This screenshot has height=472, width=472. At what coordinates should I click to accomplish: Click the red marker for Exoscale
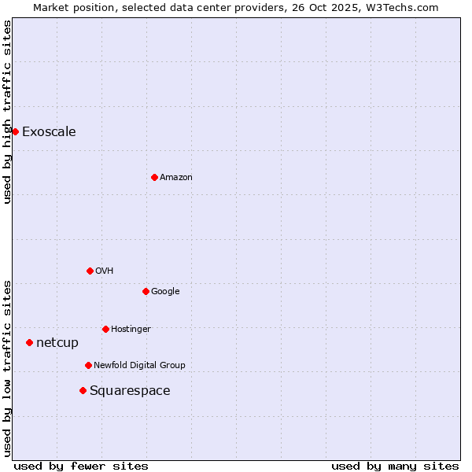pos(15,131)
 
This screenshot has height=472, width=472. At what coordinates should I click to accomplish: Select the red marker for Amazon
pos(154,177)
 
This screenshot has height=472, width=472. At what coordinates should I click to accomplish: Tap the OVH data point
pos(90,271)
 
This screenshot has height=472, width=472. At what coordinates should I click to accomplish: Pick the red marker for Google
pos(146,291)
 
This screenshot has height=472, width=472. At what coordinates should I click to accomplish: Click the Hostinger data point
pos(105,329)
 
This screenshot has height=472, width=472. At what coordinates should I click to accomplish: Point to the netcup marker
pos(29,342)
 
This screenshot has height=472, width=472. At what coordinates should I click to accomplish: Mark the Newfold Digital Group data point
pos(88,365)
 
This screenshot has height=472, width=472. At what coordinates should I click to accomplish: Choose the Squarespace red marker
pos(83,390)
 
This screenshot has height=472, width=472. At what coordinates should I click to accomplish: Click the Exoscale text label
pos(49,131)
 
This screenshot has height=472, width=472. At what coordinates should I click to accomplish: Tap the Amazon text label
pos(176,177)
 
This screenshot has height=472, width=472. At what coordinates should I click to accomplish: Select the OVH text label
pos(105,271)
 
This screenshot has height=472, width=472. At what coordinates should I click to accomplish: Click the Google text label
pos(165,291)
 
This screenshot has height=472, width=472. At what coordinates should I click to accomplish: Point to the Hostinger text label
pos(131,329)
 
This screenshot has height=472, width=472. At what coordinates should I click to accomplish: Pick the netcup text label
pos(57,342)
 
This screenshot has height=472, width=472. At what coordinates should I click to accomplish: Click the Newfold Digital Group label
pos(139,365)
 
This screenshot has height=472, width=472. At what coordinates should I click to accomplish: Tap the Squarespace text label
pos(130,390)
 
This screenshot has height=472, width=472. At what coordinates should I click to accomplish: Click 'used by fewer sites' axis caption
pos(81,466)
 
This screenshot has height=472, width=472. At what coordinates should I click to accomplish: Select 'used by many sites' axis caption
pos(395,466)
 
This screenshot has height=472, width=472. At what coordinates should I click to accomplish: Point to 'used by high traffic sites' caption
pos(7,111)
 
